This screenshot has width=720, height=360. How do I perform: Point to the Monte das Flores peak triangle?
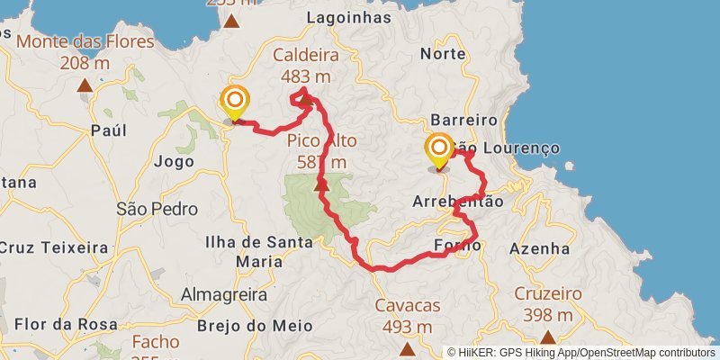click(85, 86)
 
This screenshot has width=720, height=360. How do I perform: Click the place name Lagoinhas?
click(349, 17)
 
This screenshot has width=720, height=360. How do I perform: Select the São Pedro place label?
click(157, 209)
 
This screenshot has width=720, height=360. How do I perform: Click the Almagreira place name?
click(224, 294)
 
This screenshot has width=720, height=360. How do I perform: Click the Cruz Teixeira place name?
click(54, 247)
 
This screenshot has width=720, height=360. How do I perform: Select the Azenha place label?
click(539, 247)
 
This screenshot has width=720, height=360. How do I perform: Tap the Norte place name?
click(449, 53)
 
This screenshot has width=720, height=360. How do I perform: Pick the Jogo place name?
click(174, 162)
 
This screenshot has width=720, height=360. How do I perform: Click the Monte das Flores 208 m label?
click(75, 51)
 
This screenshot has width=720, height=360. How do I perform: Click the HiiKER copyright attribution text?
click(580, 352)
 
